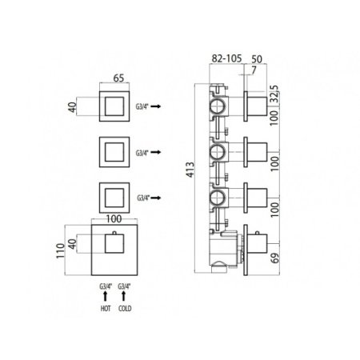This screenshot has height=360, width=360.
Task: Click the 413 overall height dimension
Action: point(190,170)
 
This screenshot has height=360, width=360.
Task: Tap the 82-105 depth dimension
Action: point(226,58)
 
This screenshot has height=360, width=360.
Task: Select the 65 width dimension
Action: point(118,78)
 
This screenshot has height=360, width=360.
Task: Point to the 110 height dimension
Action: point(61,250)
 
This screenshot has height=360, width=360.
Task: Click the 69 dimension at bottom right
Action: point(275,258)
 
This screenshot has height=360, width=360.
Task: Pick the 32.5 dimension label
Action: point(274,94)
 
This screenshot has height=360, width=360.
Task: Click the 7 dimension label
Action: point(254,70)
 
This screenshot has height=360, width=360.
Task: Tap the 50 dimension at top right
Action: point(257,59)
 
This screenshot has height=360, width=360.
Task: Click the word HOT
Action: point(106,309)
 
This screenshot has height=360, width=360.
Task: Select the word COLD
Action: point(125,309)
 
